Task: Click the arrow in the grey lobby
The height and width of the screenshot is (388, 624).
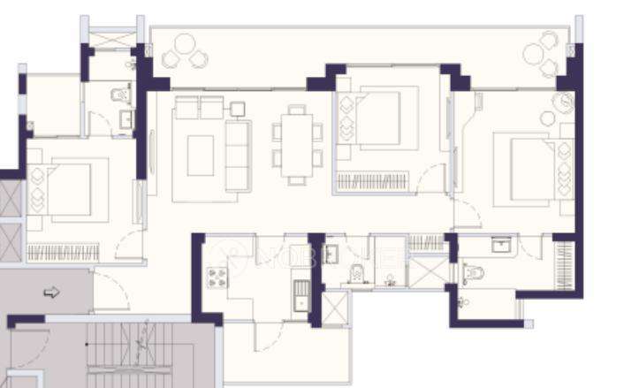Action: tap(50, 292)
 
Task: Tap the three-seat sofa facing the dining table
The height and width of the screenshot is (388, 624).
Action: tap(238, 154)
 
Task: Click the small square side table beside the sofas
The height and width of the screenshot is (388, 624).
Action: tap(237, 108)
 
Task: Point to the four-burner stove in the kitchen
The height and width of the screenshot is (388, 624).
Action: tap(216, 278)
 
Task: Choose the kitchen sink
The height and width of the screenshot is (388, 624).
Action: tap(301, 293)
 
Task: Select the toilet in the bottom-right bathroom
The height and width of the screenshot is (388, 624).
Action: tap(472, 273)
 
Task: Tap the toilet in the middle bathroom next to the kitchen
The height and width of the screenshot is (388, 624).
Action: tap(355, 273)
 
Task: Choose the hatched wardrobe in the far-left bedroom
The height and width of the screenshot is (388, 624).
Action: tap(62, 251)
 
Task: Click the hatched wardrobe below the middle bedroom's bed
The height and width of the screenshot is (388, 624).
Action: tap(372, 182)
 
